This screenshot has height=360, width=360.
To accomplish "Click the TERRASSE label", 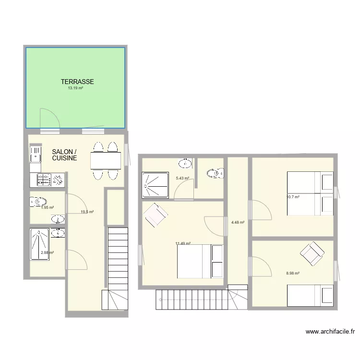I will (77, 82).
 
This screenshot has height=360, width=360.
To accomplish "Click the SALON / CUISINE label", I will (64, 155).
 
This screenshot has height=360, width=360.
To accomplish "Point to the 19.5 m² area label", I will (87, 212).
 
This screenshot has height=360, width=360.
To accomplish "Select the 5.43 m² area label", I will (182, 179).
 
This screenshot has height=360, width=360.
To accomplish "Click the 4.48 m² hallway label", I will (238, 222).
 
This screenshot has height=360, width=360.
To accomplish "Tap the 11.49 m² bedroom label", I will (183, 243).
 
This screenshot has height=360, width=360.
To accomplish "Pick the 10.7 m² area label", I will (293, 197).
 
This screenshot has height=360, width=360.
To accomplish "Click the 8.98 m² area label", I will (293, 273).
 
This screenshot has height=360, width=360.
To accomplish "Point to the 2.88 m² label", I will (47, 252).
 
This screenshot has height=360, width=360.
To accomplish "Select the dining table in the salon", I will (105, 160).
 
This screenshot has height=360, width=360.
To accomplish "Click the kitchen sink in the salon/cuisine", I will (36, 155).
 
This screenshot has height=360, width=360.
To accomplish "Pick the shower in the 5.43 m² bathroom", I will (155, 185).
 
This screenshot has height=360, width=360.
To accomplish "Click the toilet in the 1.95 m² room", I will (38, 202).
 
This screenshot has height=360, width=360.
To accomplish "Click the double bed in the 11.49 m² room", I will (200, 261).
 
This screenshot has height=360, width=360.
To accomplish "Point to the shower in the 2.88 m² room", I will (39, 244).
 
